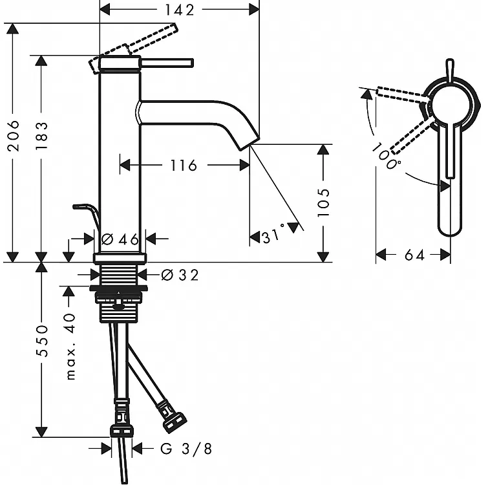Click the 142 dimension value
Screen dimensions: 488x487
pos(180,10)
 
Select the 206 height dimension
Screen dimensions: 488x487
pos(14,136)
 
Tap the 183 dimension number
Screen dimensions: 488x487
pos(41,136)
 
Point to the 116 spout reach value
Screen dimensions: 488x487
pos(184,166)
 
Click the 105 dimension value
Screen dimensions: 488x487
pos(323,202)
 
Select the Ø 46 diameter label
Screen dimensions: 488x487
pos(120,239)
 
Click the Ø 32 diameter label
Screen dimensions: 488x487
pos(180,275)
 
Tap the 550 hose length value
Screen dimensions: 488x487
pos(41,341)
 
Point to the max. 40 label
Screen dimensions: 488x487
pos(71,347)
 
